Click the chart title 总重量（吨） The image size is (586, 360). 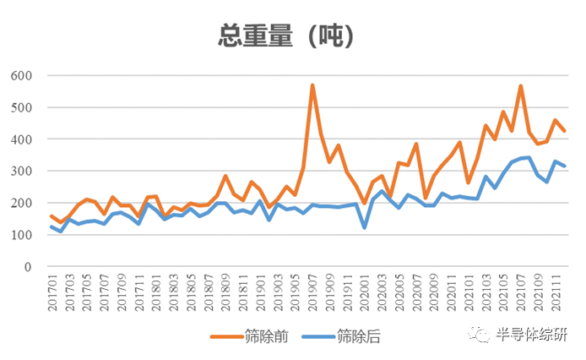tap(286, 35)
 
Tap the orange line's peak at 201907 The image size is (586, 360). tap(312, 85)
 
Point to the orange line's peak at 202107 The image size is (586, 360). tap(521, 86)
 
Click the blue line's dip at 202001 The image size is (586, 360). tap(365, 227)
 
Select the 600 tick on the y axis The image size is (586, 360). tap(21, 75)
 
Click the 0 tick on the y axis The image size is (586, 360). tap(28, 267)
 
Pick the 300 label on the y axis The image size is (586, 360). tap(21, 171)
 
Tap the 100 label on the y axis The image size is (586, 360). tap(21, 235)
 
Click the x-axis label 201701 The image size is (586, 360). tap(52, 292)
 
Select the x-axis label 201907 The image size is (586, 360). tap(312, 292)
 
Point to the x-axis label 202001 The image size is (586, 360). tap(365, 292)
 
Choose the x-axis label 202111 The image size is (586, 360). tap(556, 292)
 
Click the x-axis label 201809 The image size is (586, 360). tap(225, 292)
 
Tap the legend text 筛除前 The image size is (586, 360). tap(267, 336)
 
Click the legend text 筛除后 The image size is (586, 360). tap(358, 336)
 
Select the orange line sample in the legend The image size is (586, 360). tap(227, 337)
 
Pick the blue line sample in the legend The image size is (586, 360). tap(318, 337)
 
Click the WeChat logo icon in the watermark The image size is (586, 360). tap(479, 333)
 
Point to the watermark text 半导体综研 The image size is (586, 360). tap(532, 334)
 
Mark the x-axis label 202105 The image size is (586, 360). tap(503, 292)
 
